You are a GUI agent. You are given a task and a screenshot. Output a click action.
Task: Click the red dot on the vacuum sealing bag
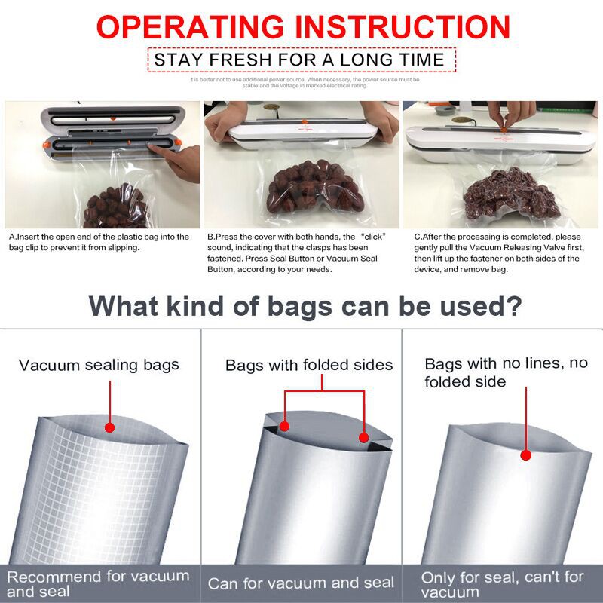pyautogui.click(x=109, y=427)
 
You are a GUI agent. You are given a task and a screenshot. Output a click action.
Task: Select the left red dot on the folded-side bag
pyautogui.click(x=284, y=427)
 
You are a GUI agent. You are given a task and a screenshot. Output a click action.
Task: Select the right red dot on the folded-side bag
pyautogui.click(x=363, y=437)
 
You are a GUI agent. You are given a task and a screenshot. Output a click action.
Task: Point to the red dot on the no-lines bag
pyautogui.click(x=525, y=455)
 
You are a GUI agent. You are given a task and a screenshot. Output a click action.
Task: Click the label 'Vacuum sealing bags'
pyautogui.click(x=99, y=365)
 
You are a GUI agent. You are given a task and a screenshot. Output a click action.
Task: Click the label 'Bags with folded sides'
pyautogui.click(x=309, y=365)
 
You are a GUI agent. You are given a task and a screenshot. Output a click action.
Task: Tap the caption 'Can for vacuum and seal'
pyautogui.click(x=301, y=583)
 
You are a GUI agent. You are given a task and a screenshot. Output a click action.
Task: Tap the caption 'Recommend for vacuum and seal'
pyautogui.click(x=98, y=583)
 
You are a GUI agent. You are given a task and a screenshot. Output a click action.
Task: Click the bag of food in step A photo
pyautogui.click(x=113, y=207)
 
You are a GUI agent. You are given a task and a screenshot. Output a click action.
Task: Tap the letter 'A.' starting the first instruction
pyautogui.click(x=13, y=237)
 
